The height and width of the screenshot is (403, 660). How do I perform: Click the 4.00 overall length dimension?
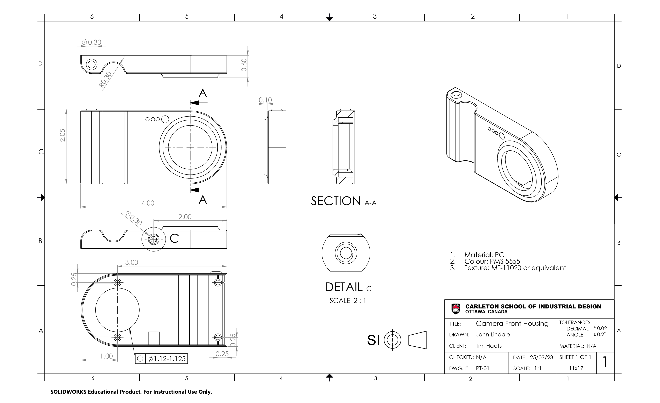click(x=148, y=203)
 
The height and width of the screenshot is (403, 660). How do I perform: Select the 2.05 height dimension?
click(x=62, y=135)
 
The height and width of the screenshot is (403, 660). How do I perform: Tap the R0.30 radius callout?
click(x=105, y=80)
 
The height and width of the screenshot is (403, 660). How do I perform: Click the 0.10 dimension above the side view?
click(x=265, y=100)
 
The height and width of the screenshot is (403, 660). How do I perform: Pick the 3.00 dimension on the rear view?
click(x=131, y=262)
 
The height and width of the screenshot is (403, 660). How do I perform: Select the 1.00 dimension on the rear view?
click(x=106, y=356)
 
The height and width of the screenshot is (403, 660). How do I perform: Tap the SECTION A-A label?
click(x=344, y=201)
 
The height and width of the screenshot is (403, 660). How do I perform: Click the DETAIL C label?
click(x=348, y=287)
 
